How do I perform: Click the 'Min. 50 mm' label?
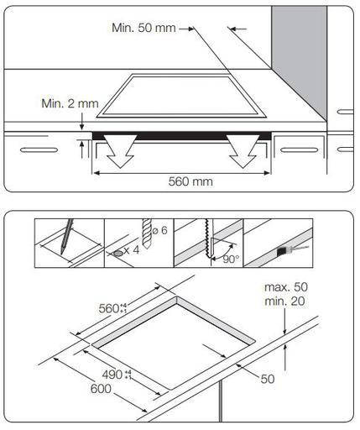coord(143,28)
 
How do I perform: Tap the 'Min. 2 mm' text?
coord(70,103)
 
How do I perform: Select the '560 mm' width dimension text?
coord(190,181)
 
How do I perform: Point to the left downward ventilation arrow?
coord(120,151)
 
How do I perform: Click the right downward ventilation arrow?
coord(243,151)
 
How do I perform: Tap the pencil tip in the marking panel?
coord(62,253)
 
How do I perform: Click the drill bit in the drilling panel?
coord(147,234)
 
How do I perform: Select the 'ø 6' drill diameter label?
coord(160,230)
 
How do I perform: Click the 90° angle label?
coord(231,260)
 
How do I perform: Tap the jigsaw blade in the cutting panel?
coord(207,239)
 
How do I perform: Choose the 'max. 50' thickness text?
coord(286,287)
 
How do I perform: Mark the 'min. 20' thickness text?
coord(284,302)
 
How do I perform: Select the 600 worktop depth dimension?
coord(101,389)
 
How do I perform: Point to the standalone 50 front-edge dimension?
coord(268,379)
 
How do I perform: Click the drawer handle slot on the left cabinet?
coord(39,150)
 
